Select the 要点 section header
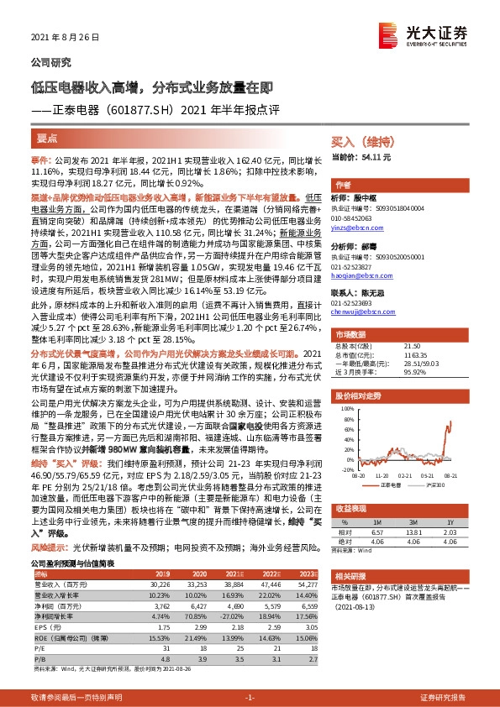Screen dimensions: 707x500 pos(48,137)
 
